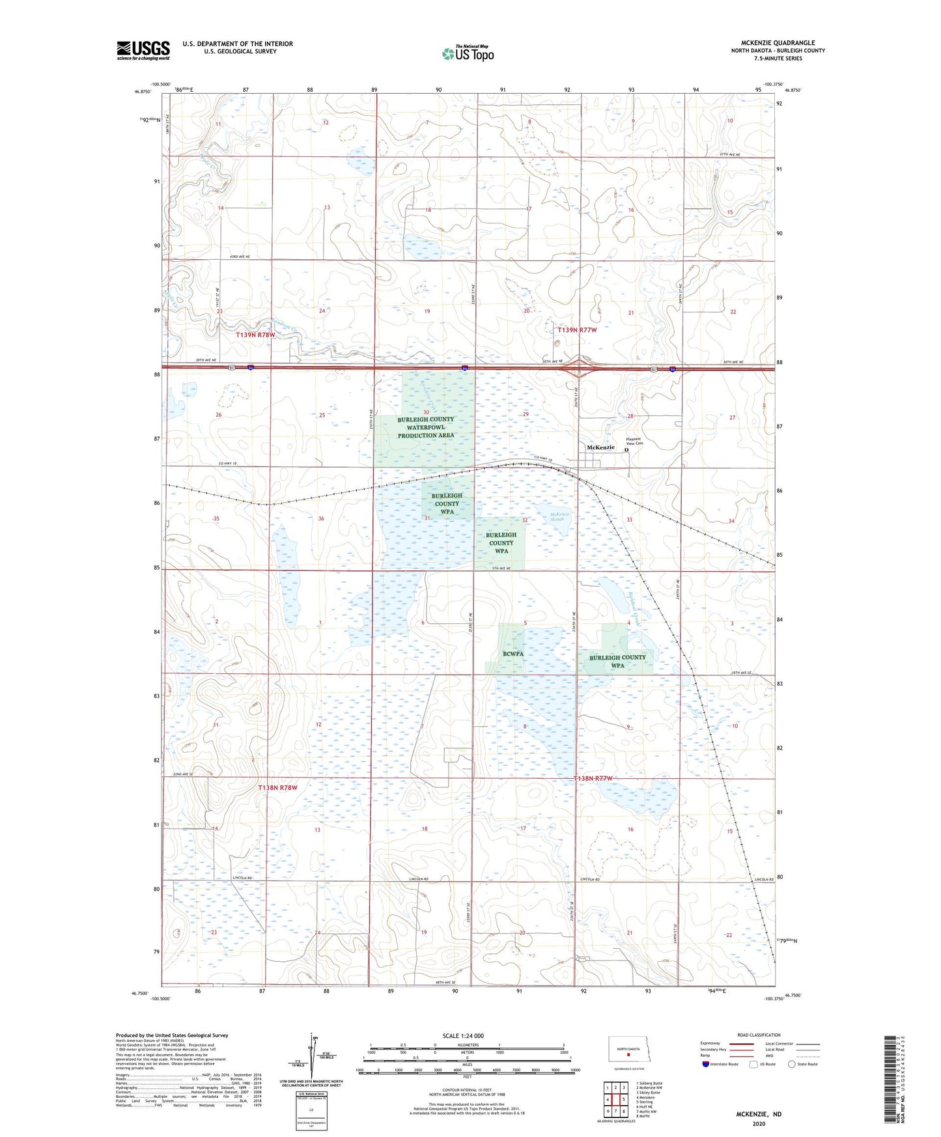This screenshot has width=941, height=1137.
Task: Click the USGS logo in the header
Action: pyautogui.click(x=143, y=50)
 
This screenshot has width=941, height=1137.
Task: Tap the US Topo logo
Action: pyautogui.click(x=467, y=53)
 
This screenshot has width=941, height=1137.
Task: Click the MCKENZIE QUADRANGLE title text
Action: pyautogui.click(x=778, y=43)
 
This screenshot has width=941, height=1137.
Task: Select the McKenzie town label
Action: pyautogui.click(x=600, y=447)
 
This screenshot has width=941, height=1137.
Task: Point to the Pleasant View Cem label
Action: pyautogui.click(x=634, y=441)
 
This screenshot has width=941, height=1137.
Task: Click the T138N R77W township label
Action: pyautogui.click(x=593, y=779)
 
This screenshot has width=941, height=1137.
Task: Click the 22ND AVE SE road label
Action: pyautogui.click(x=184, y=774)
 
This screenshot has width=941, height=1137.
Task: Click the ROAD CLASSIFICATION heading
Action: pyautogui.click(x=759, y=1035)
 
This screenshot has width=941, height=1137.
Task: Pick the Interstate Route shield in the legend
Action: pyautogui.click(x=707, y=1064)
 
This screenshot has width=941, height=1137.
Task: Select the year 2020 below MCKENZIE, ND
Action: pyautogui.click(x=759, y=1123)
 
